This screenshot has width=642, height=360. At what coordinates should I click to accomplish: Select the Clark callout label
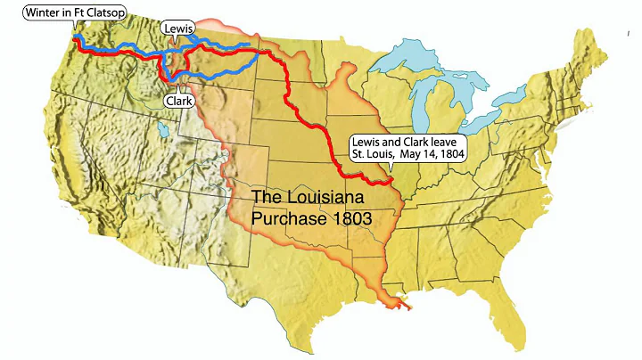click(178, 102)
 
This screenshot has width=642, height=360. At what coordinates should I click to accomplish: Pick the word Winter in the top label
click(39, 12)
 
